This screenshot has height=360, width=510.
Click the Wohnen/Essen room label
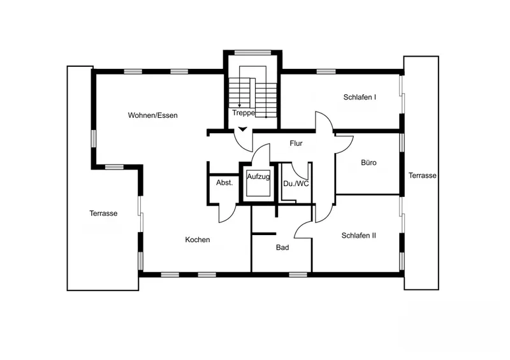[x=152, y=115]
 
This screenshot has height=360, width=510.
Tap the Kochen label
[x=198, y=240]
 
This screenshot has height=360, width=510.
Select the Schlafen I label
[x=360, y=97]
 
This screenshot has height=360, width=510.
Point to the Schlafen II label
[x=359, y=236]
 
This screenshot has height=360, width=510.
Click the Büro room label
[x=369, y=162]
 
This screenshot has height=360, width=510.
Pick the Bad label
[x=282, y=247]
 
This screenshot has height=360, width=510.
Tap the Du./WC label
[x=296, y=184]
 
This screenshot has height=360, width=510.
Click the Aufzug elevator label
[x=258, y=177]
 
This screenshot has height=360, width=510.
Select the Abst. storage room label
[x=224, y=182]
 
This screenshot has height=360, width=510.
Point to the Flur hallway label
[x=296, y=143]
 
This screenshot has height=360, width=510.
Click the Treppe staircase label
[x=244, y=113]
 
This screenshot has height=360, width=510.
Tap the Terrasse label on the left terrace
[x=103, y=213]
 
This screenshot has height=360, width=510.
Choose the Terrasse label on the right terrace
[x=423, y=176]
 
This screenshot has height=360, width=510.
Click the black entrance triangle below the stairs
[x=243, y=129]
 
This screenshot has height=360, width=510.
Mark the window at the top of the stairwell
[x=252, y=52]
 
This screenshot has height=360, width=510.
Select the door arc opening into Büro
[x=348, y=147]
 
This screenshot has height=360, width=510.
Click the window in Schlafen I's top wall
[x=326, y=71]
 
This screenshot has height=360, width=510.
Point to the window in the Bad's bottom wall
[x=298, y=275]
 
